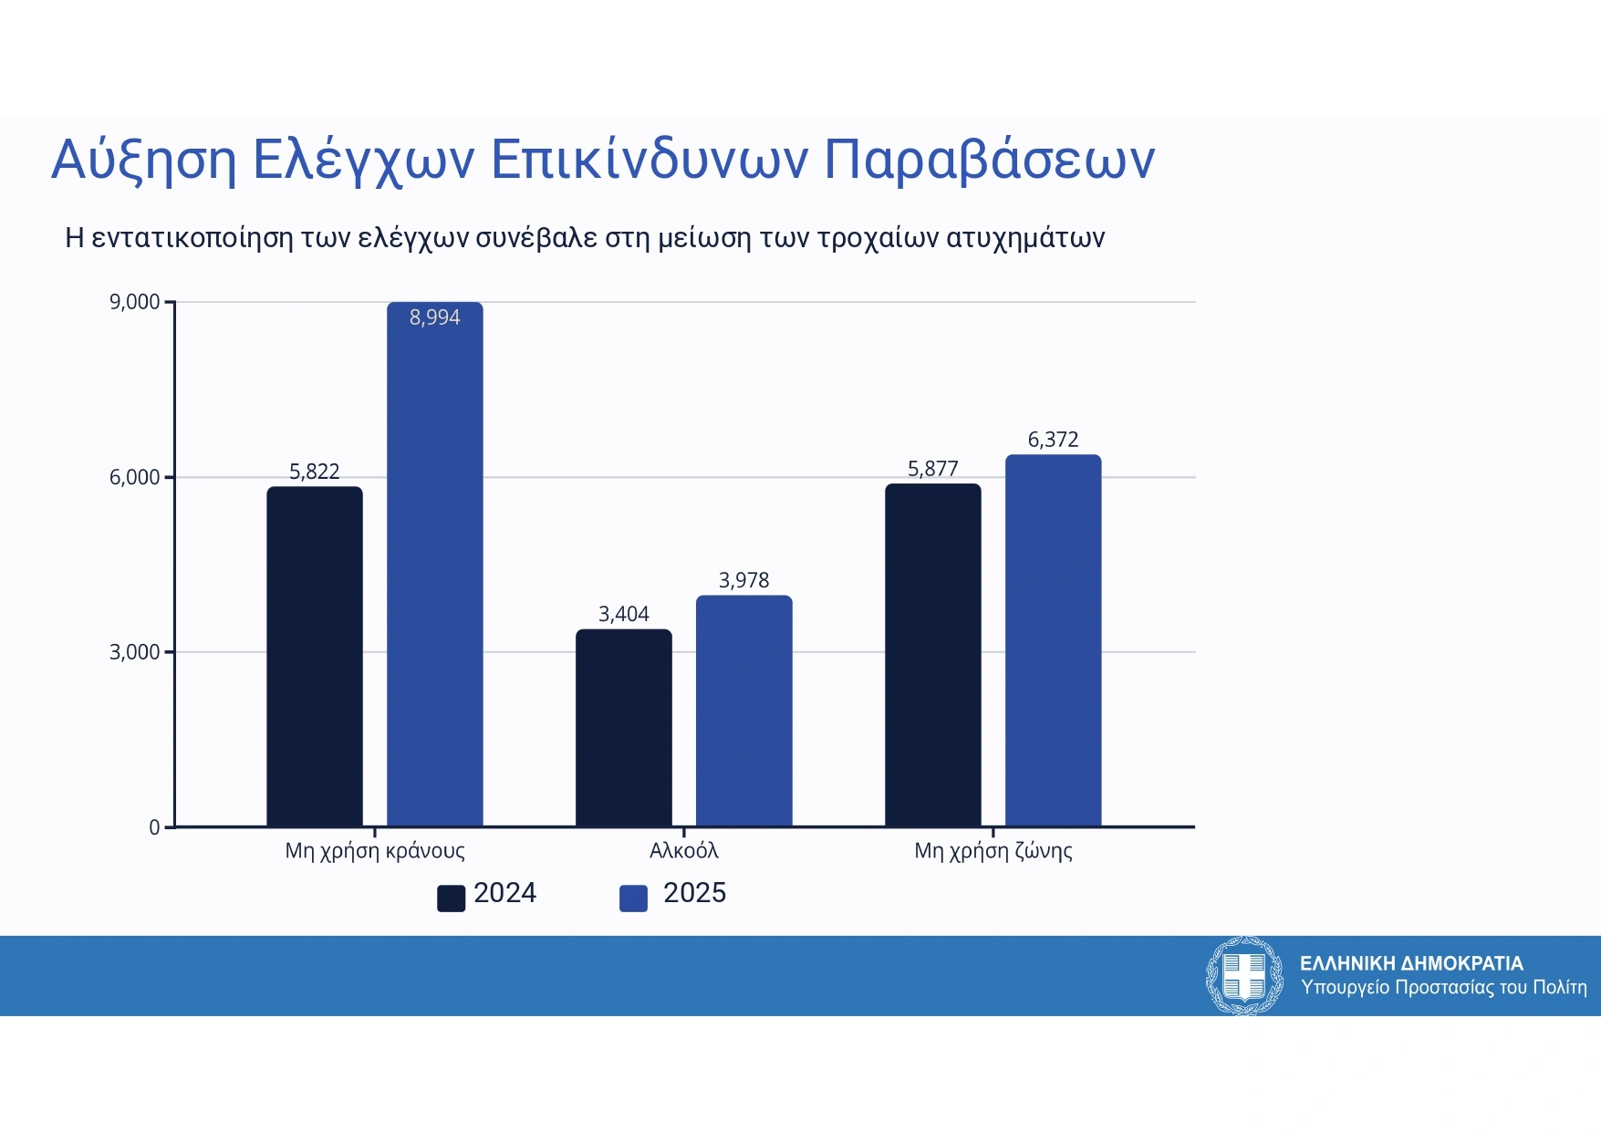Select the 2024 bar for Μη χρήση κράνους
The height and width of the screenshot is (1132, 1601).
[314, 657]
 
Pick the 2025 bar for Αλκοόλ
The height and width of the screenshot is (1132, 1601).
[743, 711]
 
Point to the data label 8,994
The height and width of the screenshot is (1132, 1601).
[434, 317]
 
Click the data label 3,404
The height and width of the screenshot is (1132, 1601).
[623, 614]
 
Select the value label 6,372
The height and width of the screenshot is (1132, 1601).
[1053, 440]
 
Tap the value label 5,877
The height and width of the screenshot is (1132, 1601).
[932, 469]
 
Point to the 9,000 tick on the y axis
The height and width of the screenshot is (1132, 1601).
[134, 302]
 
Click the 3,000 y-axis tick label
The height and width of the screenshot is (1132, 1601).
[134, 652]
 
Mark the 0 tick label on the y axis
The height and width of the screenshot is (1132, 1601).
[154, 827]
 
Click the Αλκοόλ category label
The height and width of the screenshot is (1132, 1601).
[683, 851]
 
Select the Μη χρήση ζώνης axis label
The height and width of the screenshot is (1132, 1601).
[993, 851]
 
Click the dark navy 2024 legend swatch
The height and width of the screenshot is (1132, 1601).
[451, 898]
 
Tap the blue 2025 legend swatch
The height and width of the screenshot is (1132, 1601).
[633, 898]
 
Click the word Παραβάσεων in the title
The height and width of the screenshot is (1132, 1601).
[989, 160]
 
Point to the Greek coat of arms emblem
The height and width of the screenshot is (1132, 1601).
[1244, 975]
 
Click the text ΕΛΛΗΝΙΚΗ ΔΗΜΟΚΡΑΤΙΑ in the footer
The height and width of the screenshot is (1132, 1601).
[1410, 963]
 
